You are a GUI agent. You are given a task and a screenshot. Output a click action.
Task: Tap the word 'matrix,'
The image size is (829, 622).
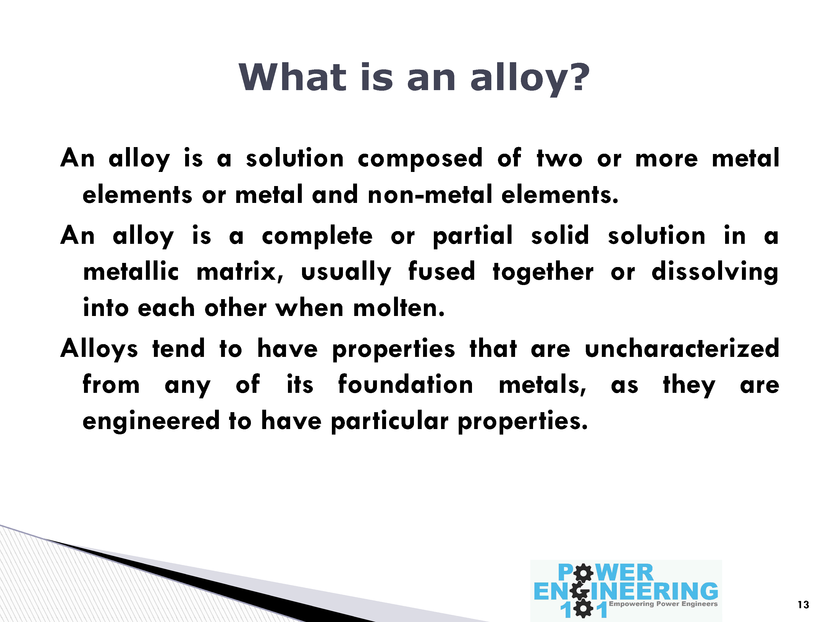point(240,271)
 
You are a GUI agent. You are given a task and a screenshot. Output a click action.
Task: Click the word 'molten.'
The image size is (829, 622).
point(399,308)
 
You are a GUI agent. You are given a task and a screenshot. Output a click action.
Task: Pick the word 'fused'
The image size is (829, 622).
point(442,271)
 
